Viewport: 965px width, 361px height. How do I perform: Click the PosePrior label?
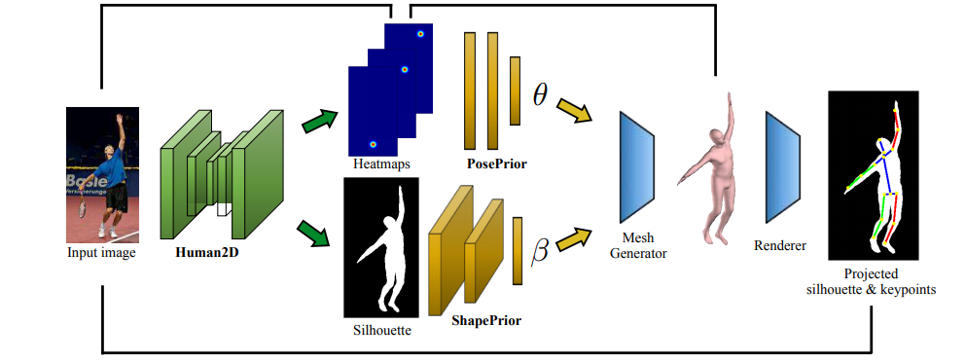pos(496,163)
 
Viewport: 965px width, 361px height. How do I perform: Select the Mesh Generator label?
pos(646,245)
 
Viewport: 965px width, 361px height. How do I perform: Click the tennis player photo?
pos(102,174)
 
